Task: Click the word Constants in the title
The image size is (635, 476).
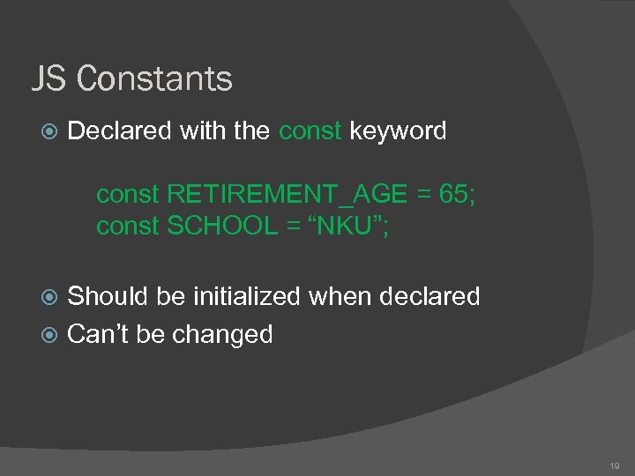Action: click(154, 79)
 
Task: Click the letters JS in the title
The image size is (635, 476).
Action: click(49, 79)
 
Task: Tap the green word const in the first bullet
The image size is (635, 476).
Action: click(310, 131)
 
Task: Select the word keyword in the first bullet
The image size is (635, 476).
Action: click(398, 131)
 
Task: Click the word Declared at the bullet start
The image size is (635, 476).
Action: click(119, 131)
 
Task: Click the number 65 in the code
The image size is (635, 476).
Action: click(451, 194)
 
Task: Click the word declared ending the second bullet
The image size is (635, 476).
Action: click(429, 296)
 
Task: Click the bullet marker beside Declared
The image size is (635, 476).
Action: click(50, 132)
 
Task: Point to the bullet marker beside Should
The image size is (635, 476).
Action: click(50, 297)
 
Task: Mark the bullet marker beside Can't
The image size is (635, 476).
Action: click(50, 336)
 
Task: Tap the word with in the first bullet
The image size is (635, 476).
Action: click(201, 131)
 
